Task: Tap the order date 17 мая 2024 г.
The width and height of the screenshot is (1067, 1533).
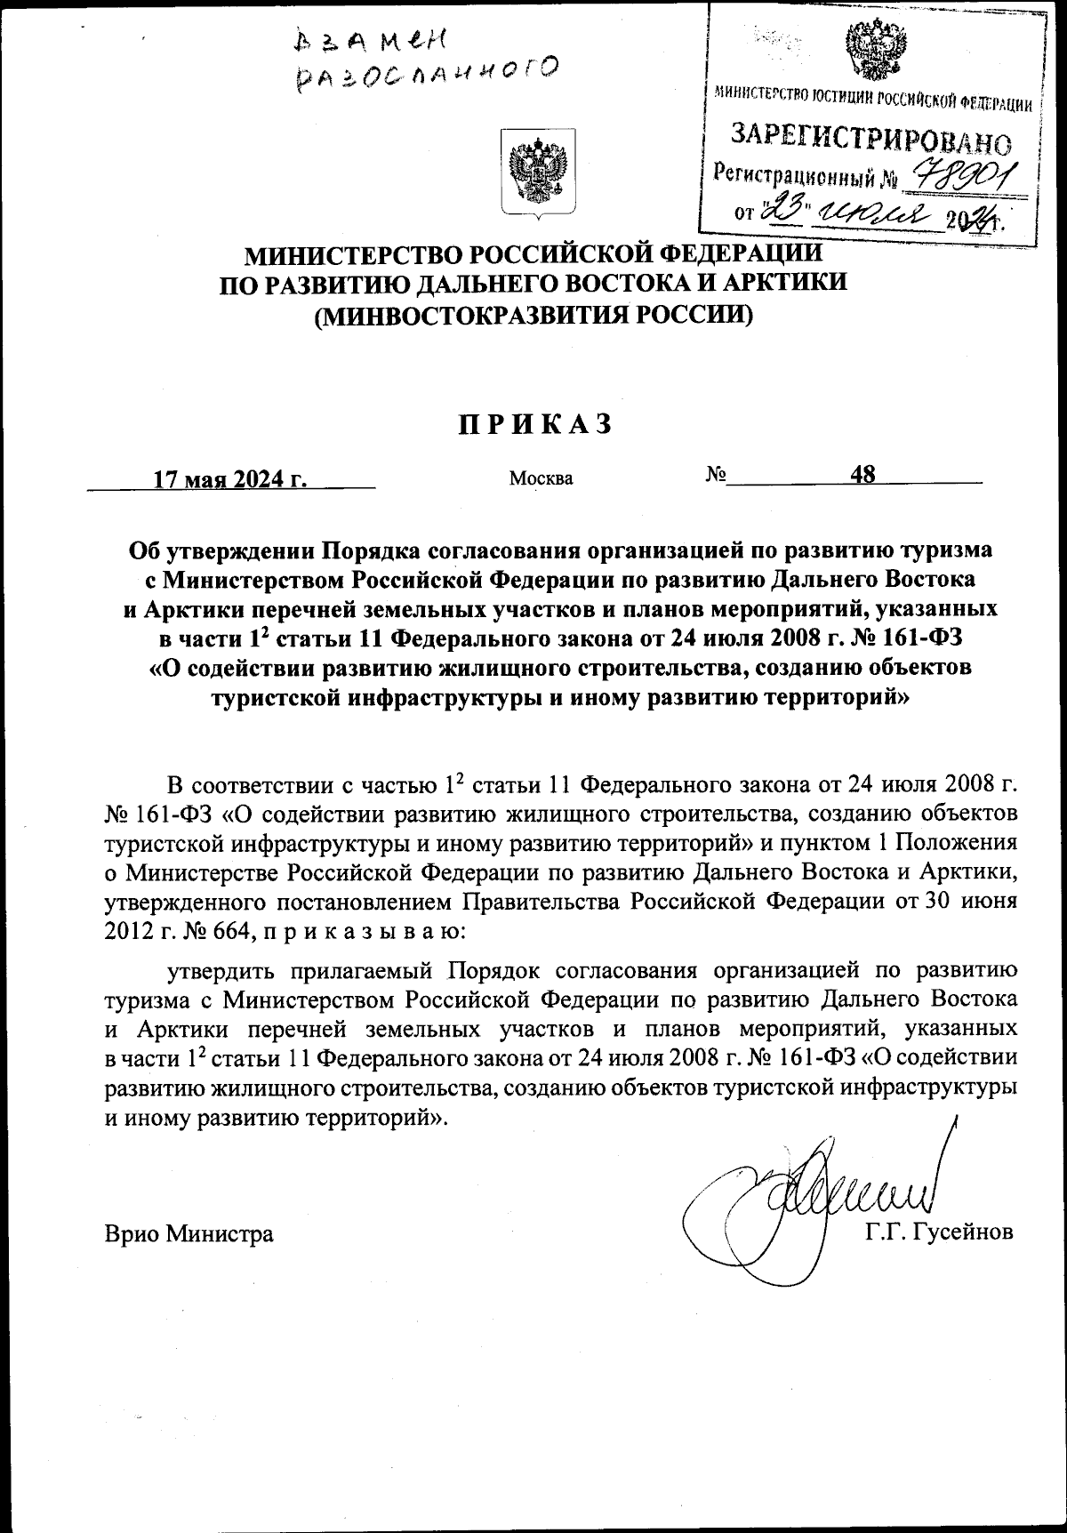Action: (x=230, y=478)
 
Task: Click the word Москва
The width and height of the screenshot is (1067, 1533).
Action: (x=541, y=478)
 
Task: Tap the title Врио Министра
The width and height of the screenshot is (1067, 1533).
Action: (x=189, y=1233)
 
